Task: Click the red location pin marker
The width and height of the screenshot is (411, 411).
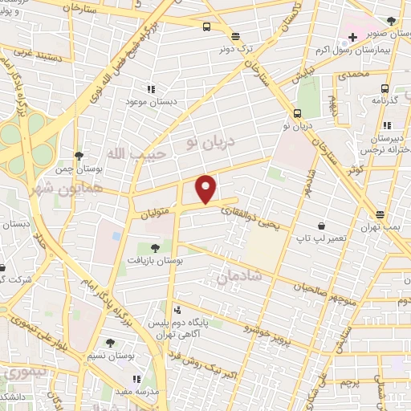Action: [207, 188]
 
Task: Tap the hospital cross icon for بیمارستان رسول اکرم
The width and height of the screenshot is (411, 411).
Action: [352, 37]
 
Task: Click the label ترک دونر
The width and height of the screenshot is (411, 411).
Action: [234, 48]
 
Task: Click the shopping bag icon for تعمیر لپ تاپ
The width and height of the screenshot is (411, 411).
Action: [322, 226]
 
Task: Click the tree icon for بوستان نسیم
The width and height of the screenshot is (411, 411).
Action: [109, 343]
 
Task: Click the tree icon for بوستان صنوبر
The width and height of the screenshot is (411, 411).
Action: [391, 21]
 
